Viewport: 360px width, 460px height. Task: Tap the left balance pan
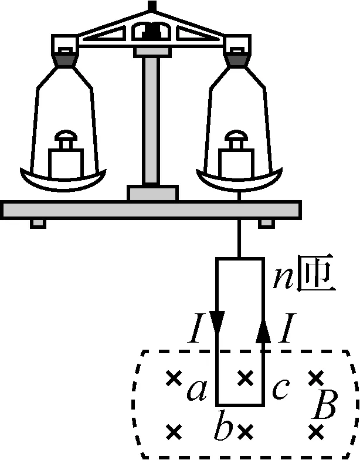(x=64, y=178)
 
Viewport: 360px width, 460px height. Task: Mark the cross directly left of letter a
(x=172, y=378)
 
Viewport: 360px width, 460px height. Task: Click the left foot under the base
(x=37, y=224)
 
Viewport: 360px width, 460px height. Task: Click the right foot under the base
(x=266, y=224)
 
